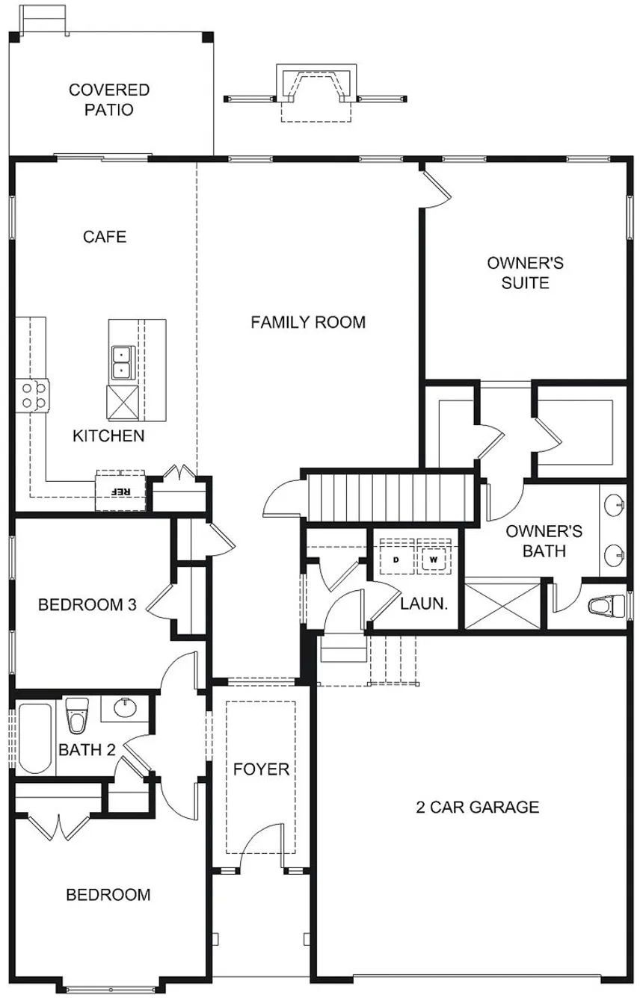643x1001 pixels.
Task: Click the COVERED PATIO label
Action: coord(109,100)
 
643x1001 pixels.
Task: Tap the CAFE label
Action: coord(105,237)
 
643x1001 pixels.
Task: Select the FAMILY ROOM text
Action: coord(308,323)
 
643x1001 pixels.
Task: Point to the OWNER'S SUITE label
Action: coord(525,273)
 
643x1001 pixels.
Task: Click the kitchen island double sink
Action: coord(120,361)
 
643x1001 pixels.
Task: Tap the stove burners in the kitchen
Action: coord(31,394)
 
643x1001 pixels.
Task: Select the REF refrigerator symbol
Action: coord(120,492)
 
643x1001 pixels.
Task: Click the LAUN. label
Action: coord(424,604)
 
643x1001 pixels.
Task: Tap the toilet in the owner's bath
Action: coord(604,604)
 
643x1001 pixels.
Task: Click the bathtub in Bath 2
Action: coord(36,737)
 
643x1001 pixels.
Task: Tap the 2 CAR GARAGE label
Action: coord(478,807)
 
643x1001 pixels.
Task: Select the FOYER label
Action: coord(261,769)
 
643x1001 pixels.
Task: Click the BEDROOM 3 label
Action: coord(87,604)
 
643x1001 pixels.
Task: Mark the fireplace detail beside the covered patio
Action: coord(316,87)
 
